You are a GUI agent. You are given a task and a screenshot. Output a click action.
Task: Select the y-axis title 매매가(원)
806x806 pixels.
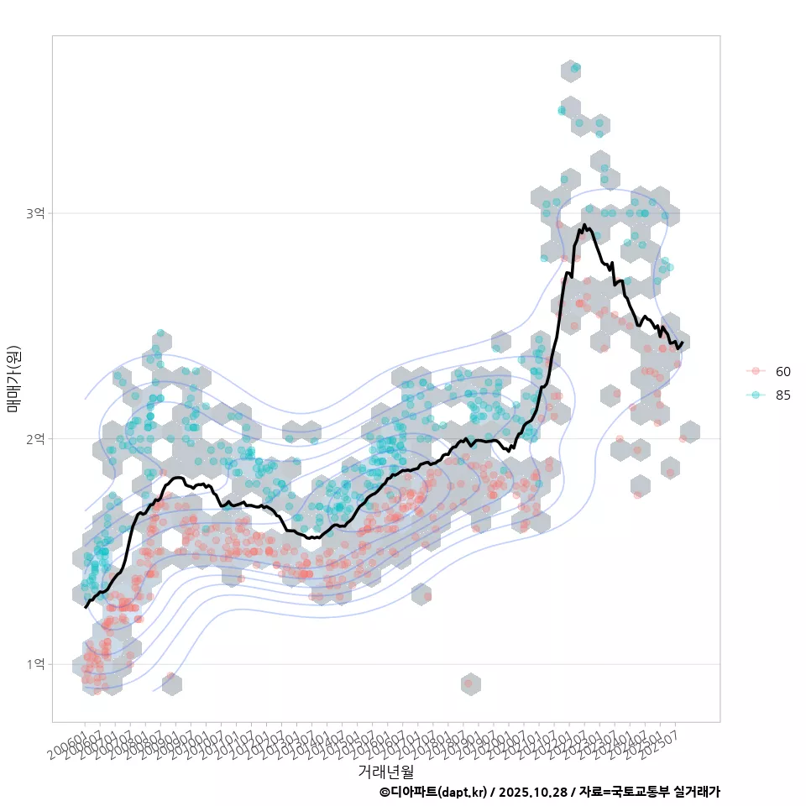13,379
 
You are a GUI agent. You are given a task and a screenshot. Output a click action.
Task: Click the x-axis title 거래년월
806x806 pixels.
385,771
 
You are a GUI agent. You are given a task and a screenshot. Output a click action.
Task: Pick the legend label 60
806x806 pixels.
783,371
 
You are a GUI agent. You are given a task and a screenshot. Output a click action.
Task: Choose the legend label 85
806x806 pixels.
783,395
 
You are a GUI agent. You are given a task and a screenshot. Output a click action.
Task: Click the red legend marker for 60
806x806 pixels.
756,371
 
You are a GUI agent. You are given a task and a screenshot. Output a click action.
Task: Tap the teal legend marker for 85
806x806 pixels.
756,395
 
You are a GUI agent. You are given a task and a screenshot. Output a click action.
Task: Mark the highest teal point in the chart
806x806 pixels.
574,67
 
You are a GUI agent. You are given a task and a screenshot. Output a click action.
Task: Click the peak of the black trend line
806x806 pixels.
584,225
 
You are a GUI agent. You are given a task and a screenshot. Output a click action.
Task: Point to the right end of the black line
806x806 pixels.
683,343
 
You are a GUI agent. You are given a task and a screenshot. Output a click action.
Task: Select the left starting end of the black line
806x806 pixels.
86,606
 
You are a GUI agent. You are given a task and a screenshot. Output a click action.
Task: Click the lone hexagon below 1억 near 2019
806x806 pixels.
470,684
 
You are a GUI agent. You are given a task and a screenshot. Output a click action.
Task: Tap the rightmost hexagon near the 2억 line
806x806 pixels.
689,432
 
